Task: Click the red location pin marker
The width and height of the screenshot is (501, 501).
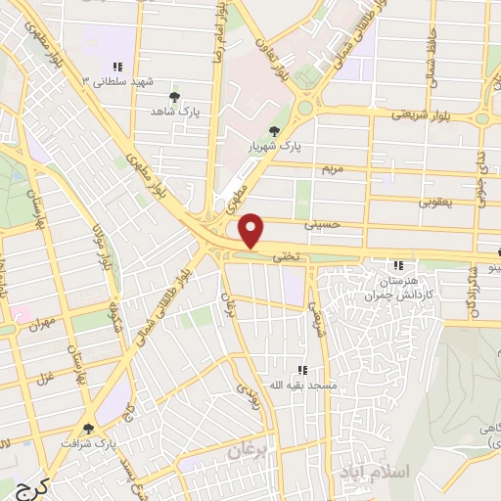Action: pos(252,230)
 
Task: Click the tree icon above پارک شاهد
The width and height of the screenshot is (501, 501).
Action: pos(175,98)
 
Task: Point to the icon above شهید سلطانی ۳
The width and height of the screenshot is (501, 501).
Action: pos(117,67)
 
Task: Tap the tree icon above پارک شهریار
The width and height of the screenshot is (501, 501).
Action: pos(275,132)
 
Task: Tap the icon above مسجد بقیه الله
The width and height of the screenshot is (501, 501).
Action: pos(302,370)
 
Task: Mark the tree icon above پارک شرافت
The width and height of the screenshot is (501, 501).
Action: pos(89,428)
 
